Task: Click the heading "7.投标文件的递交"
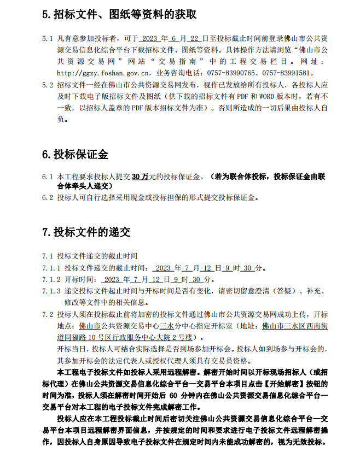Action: click(x=86, y=232)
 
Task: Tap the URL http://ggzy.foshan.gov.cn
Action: click(x=103, y=73)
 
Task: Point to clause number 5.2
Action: click(x=48, y=85)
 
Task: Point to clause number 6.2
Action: click(x=48, y=198)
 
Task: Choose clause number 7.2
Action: click(x=48, y=315)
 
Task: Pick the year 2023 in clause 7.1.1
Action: click(x=163, y=268)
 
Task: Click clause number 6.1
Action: click(x=48, y=177)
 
